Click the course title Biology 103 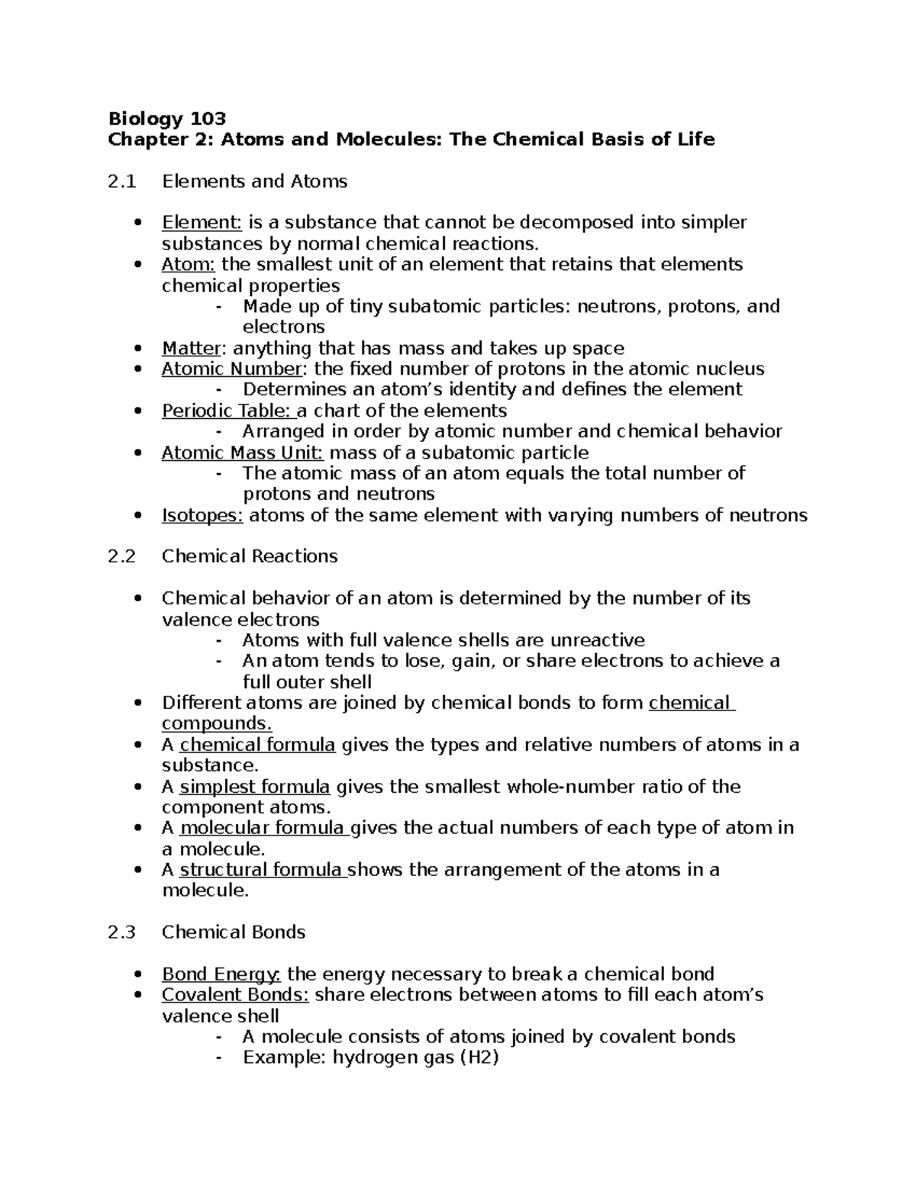[167, 118]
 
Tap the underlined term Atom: [189, 265]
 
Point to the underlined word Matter [191, 349]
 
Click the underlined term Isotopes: [202, 516]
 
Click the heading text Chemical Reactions [250, 556]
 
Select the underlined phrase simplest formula [254, 787]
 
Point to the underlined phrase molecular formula [262, 828]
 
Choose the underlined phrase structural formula [262, 870]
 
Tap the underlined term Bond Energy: [221, 974]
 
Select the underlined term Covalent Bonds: [235, 995]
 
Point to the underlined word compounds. [217, 723]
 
